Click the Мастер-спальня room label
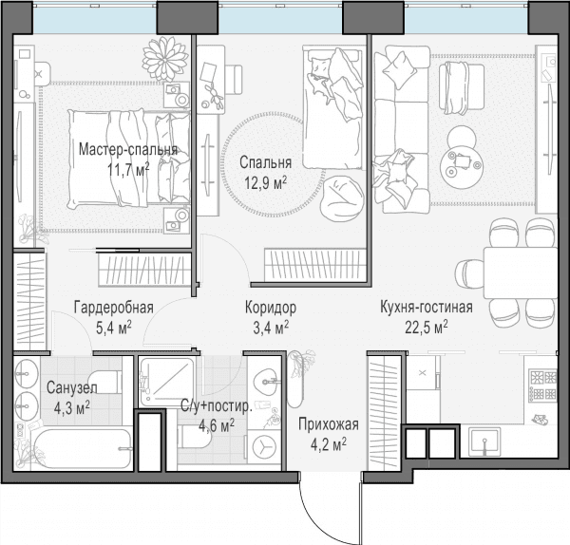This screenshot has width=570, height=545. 128,150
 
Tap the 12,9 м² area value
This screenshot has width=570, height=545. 265,183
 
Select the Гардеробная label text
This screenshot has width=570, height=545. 114,308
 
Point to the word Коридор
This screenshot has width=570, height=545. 271,308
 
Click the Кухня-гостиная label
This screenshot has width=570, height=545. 427,308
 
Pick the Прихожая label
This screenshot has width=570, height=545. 329,424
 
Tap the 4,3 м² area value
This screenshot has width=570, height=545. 71,408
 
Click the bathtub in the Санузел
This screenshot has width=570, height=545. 82,448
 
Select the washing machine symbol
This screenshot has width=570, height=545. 264,447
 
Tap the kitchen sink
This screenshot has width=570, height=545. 484,442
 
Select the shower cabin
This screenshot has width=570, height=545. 168,382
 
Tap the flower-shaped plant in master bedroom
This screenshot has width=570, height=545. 165,59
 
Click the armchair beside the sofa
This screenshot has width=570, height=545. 462,87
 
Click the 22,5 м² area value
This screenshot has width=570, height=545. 427,327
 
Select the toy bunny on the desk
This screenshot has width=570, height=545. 216,96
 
